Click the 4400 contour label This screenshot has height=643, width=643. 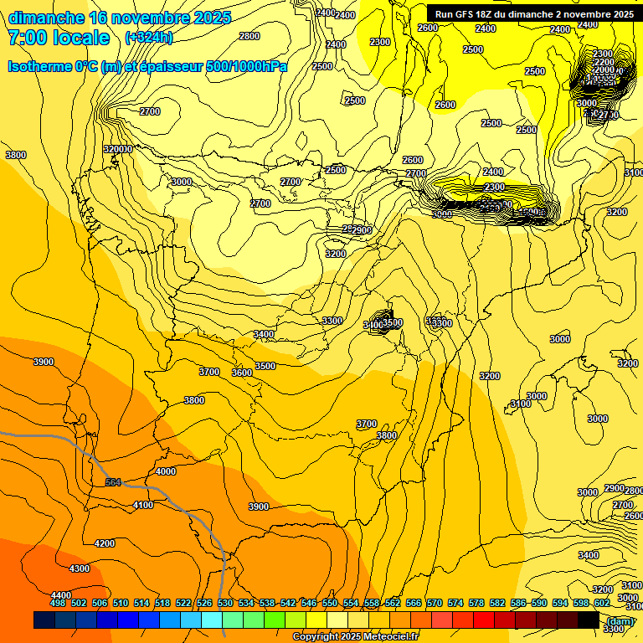(60, 594)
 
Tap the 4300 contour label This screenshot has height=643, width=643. (80, 568)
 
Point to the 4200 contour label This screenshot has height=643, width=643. (105, 543)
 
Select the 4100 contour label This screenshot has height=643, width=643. (143, 505)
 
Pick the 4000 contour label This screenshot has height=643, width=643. (166, 471)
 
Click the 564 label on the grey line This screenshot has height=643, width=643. (113, 482)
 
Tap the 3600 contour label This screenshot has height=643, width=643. (242, 373)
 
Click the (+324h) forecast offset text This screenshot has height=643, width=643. (148, 38)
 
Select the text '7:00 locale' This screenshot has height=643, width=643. (59, 38)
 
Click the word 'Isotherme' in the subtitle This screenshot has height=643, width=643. (39, 66)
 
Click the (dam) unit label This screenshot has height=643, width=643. (620, 620)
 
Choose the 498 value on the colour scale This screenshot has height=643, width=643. (58, 603)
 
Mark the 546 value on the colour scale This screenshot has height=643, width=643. (309, 603)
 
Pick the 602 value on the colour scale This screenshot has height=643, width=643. (602, 603)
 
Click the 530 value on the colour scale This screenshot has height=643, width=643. (225, 603)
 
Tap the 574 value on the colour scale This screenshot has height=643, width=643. (455, 603)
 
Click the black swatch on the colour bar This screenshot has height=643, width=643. (589, 620)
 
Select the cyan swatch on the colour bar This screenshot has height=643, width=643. (212, 620)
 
